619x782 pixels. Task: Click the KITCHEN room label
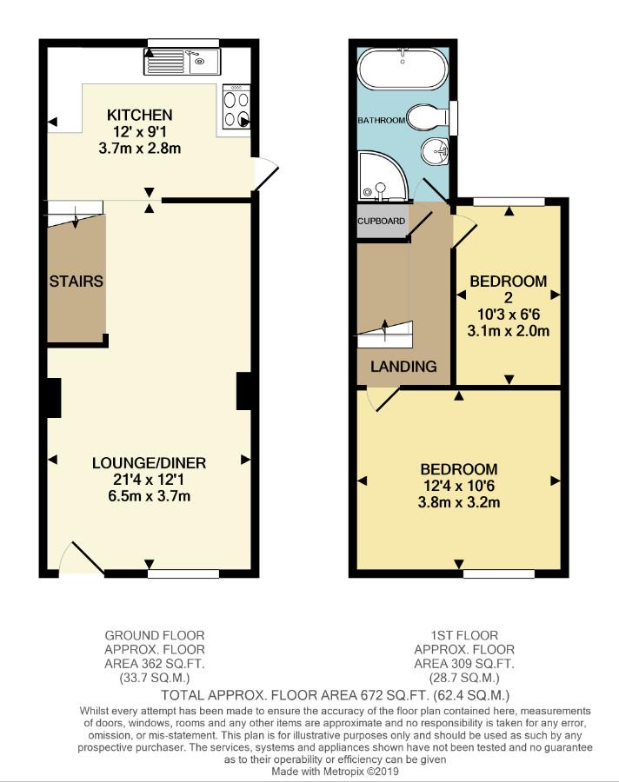139,116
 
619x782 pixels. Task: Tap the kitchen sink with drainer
182,62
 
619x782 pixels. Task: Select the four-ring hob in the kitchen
236,108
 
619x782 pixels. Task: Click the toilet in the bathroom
429,117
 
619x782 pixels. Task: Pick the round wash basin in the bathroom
435,151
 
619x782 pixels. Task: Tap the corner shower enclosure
383,176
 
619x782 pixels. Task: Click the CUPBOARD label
382,221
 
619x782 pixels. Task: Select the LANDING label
403,367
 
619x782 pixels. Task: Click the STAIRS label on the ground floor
77,282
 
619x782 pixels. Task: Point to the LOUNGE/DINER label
149,463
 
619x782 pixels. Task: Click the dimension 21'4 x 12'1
149,480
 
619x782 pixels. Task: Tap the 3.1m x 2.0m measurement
509,331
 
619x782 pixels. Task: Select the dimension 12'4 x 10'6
459,486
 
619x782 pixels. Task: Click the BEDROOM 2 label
509,289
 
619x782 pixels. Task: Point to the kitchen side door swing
264,173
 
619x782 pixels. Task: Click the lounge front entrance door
82,559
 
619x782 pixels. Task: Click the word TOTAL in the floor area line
183,695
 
